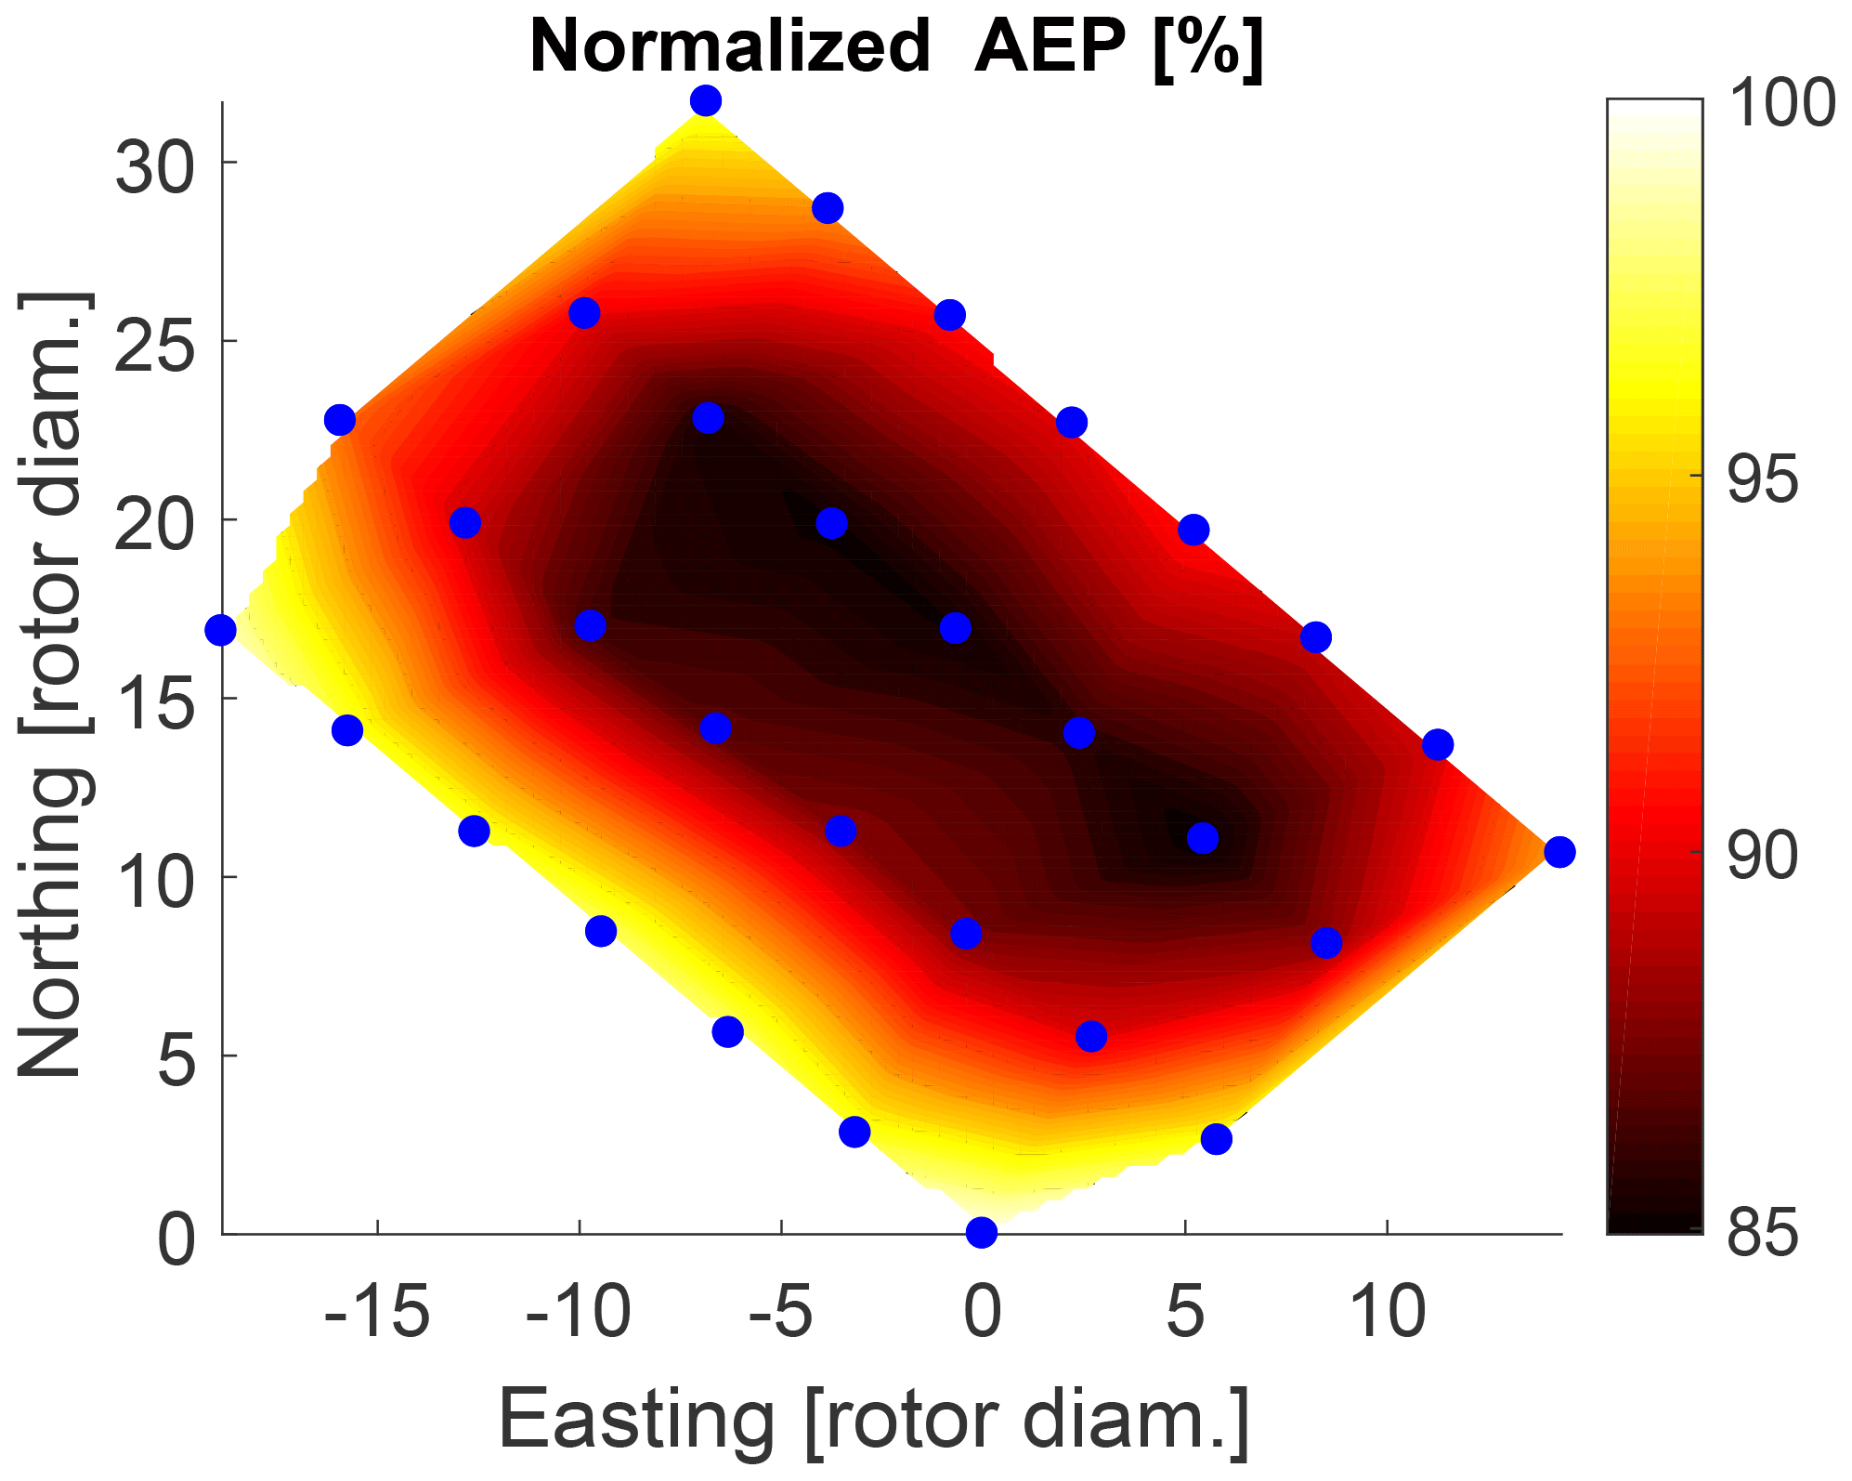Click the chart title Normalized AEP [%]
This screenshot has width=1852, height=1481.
(896, 46)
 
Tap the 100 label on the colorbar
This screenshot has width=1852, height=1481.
(1781, 104)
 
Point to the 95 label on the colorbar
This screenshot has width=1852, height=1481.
(1762, 480)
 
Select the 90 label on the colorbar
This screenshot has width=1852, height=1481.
(1762, 857)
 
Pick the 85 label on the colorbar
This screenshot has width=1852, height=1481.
(1762, 1234)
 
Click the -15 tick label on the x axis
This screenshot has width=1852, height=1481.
(376, 1313)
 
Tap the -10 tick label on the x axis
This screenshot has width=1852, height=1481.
(578, 1313)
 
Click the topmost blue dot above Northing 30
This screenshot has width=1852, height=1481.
(706, 100)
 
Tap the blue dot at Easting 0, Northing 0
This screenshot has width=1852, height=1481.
(982, 1233)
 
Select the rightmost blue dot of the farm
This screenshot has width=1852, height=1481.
(1559, 852)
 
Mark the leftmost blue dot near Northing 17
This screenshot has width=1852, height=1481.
(221, 631)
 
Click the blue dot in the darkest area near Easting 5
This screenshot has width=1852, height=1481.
(1203, 839)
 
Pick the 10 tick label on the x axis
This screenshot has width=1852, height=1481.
(1387, 1313)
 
